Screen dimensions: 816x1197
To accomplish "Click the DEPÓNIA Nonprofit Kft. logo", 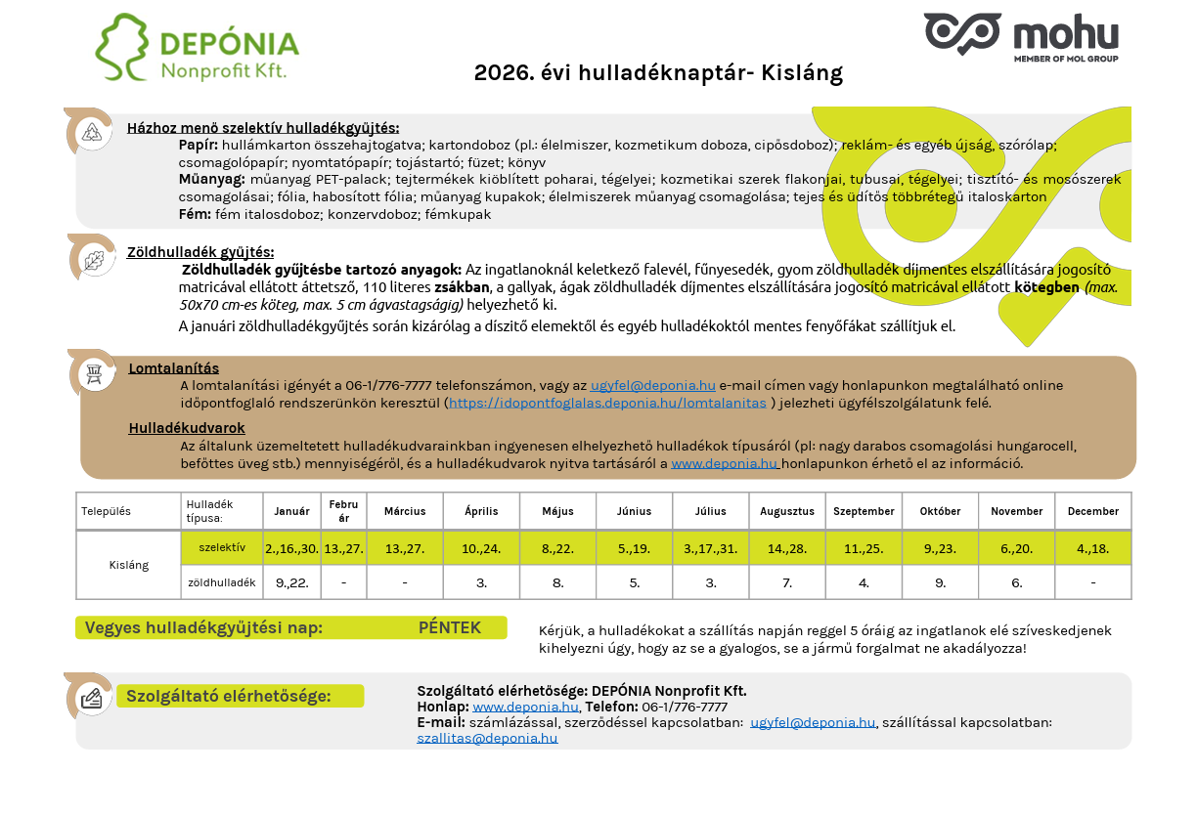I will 197,48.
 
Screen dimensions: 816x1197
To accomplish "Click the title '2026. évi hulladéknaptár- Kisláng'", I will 657,73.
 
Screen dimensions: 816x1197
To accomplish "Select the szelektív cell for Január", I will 292,548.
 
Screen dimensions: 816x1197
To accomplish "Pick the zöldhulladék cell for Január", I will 292,582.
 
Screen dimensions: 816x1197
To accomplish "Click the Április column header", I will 481,511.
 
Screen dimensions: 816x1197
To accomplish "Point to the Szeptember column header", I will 864,511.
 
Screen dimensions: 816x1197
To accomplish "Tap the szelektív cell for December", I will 1092,548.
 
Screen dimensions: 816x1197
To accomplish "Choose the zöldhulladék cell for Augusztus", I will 787,582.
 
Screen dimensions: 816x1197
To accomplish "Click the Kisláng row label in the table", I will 129,565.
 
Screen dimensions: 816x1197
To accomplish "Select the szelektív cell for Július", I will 711,548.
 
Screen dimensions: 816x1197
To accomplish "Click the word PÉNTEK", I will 450,627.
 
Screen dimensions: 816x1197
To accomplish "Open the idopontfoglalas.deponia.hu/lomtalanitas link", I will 607,403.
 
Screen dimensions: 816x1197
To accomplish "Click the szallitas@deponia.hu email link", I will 487,739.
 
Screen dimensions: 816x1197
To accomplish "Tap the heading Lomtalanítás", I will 174,368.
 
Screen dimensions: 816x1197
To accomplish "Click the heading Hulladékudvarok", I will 187,428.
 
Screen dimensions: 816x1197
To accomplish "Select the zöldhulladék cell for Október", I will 940,582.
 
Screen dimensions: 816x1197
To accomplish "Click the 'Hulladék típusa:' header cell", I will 222,511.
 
